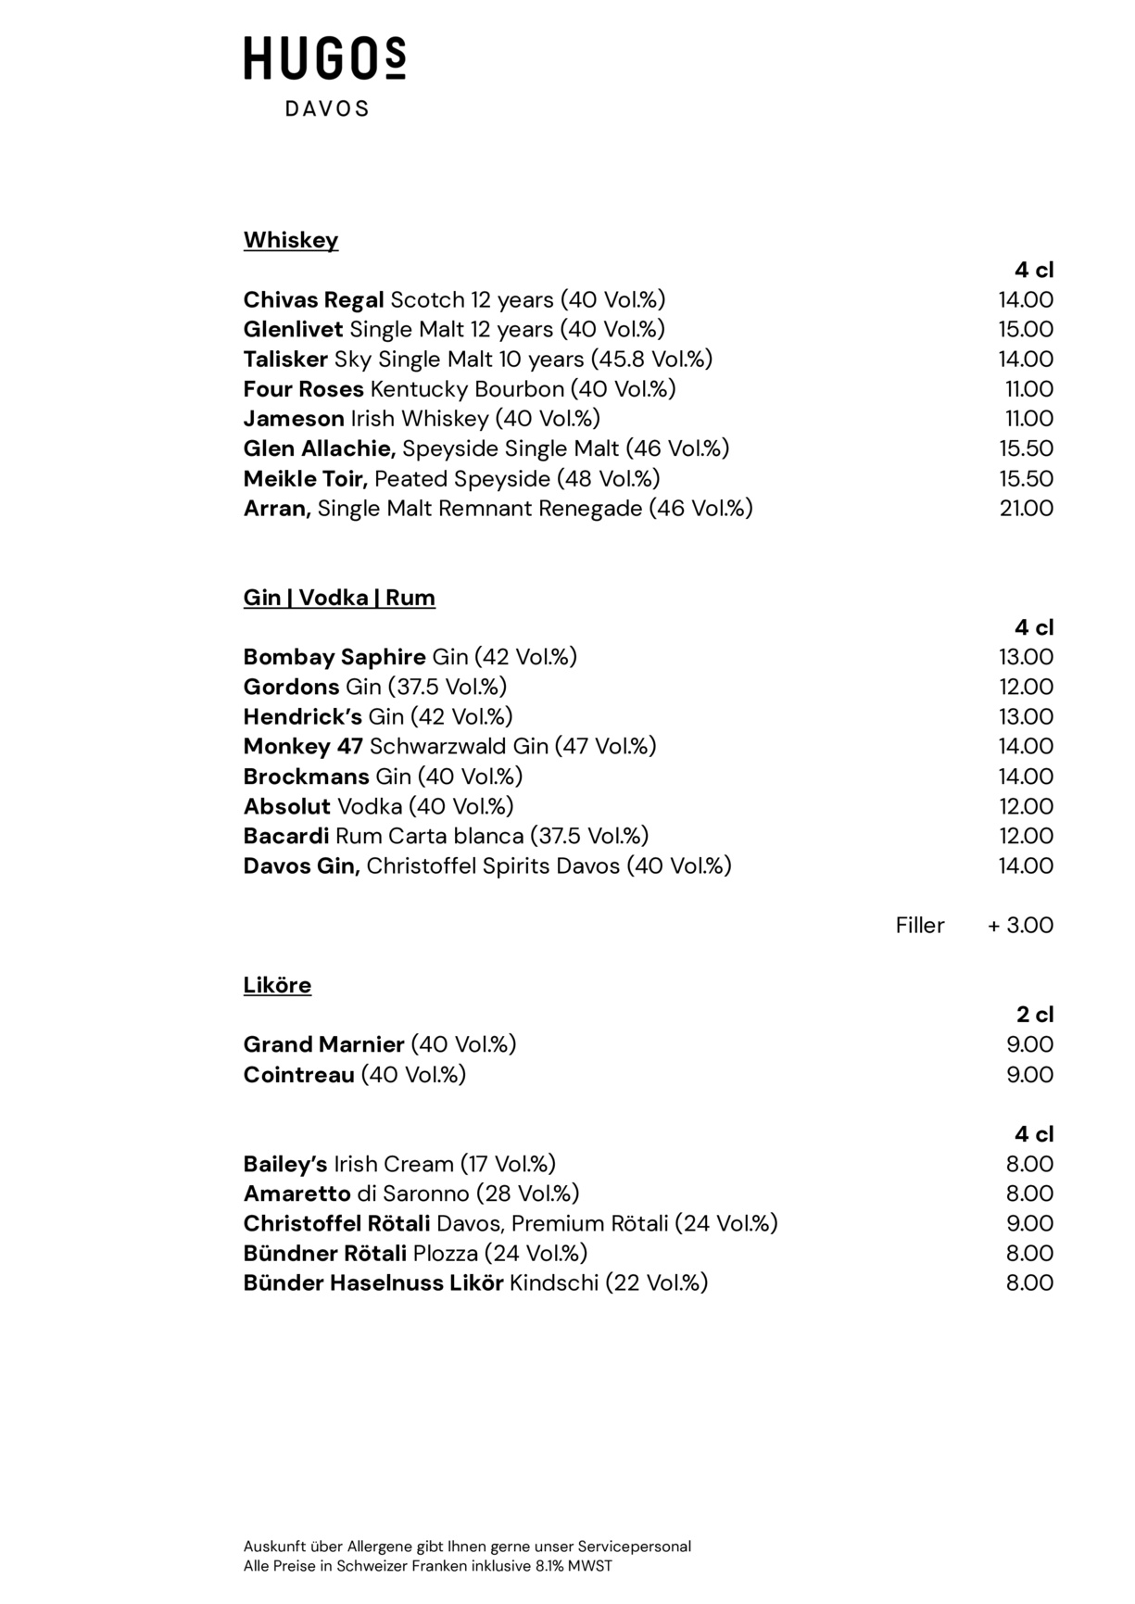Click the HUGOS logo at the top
[324, 59]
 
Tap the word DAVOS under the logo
[326, 109]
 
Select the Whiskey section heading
[291, 240]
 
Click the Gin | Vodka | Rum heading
[339, 598]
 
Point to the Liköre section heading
[277, 985]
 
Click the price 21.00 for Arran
[1026, 508]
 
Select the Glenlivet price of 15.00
[1026, 329]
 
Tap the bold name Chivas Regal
[313, 300]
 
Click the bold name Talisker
[285, 360]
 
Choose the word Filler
[920, 926]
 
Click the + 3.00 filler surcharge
[1020, 926]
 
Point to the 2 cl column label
[1035, 1015]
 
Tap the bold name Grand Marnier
[323, 1045]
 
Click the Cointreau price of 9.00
[1029, 1075]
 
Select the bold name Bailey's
[285, 1164]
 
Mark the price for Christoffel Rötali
[1029, 1223]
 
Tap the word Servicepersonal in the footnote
[635, 1546]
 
